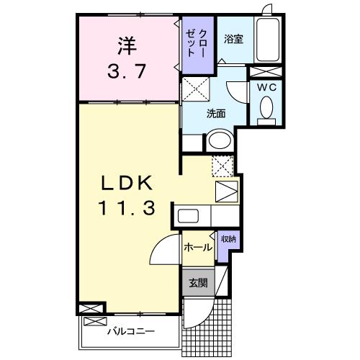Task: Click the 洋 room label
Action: (126, 47)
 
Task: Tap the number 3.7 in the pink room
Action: (126, 73)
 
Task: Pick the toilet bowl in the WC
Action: (266, 109)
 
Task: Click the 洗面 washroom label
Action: (217, 113)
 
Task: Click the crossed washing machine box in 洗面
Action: (194, 91)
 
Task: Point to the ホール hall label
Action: (197, 248)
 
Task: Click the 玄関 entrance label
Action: (197, 283)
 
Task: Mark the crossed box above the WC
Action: (266, 73)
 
